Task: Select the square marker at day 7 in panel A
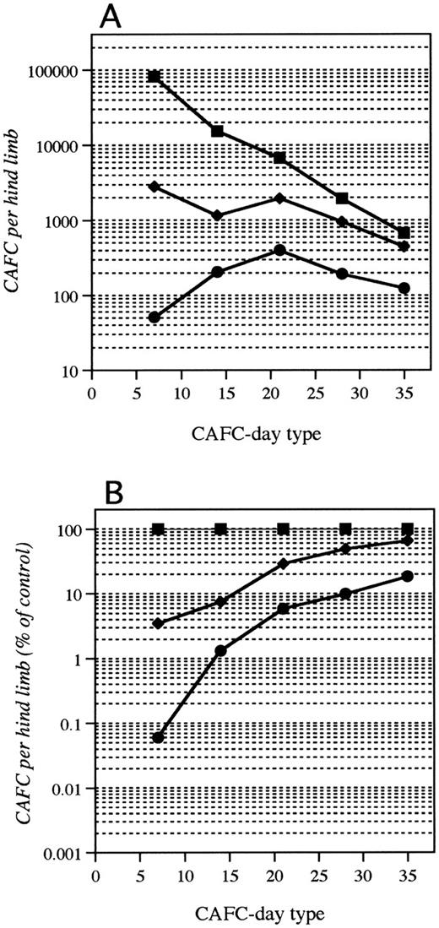tap(154, 76)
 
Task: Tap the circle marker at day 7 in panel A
tap(154, 317)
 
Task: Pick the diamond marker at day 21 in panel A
tap(279, 198)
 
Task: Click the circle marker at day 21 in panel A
tap(279, 251)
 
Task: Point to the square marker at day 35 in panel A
tap(404, 232)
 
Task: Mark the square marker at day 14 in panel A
tap(217, 131)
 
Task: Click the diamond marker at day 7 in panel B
tap(158, 623)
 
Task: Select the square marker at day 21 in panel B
tap(283, 529)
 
